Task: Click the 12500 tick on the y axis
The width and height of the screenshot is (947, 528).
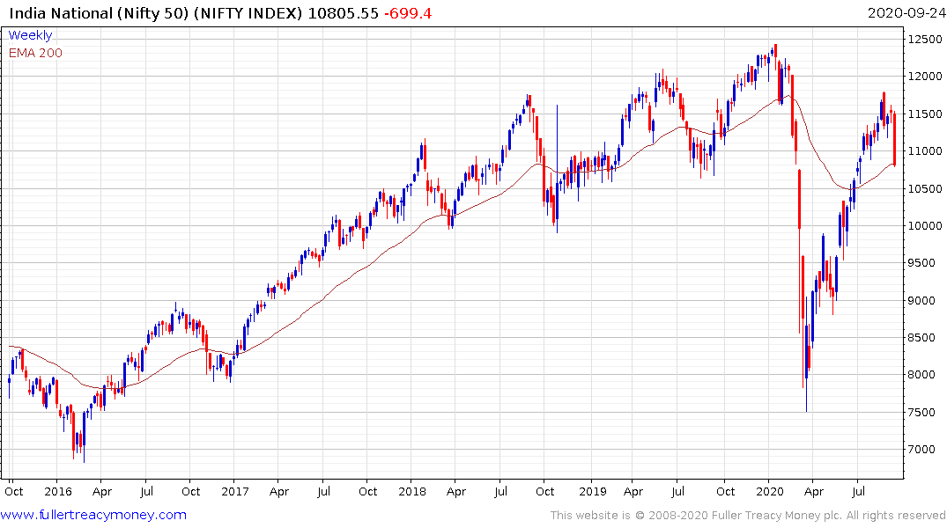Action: tap(925, 39)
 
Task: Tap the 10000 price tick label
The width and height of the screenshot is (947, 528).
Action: tap(925, 226)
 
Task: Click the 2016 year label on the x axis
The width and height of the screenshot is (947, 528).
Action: tap(57, 491)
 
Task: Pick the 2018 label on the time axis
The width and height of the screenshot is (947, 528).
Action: tap(412, 491)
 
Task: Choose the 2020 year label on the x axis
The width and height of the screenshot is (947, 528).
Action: tap(770, 491)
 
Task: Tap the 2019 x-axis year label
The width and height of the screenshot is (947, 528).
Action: tap(590, 491)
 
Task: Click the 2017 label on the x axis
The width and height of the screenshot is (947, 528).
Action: tap(235, 491)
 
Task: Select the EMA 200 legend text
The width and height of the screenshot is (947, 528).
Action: tap(35, 53)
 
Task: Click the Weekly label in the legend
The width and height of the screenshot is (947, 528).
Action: tap(30, 36)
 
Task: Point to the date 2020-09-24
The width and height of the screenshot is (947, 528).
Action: tap(905, 13)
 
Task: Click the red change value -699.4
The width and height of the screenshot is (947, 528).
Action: tap(407, 13)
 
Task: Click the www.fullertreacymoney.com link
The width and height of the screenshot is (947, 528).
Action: tap(94, 515)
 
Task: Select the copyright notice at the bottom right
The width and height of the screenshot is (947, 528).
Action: tap(748, 515)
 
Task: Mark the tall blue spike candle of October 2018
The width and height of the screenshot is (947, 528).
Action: tap(557, 167)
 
